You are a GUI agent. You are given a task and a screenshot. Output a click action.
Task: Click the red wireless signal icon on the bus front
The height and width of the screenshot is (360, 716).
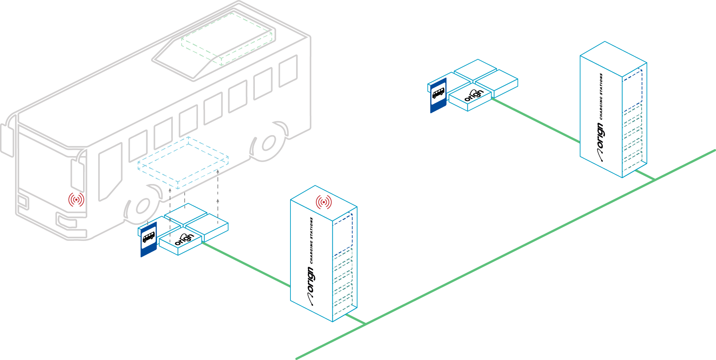76,199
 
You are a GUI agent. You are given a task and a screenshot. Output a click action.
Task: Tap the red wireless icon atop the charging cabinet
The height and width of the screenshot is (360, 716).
324,202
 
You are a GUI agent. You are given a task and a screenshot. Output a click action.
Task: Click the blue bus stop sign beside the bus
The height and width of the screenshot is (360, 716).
149,239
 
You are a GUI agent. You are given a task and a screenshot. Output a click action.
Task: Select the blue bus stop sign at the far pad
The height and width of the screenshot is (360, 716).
438,95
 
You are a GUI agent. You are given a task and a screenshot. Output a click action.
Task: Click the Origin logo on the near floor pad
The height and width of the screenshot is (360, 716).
184,239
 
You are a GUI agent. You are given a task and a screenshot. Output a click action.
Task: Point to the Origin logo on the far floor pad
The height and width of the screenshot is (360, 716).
474,95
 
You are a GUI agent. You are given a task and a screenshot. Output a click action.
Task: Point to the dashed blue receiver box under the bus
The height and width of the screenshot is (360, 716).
183,163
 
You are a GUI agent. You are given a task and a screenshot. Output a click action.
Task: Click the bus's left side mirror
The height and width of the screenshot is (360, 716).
7,140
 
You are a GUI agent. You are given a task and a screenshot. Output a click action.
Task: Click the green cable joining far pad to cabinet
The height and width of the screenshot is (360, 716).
536,120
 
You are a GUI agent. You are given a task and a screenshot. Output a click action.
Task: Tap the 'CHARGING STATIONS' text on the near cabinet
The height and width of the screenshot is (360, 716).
311,241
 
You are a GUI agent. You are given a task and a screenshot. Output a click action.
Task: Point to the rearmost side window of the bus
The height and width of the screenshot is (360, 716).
288,71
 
